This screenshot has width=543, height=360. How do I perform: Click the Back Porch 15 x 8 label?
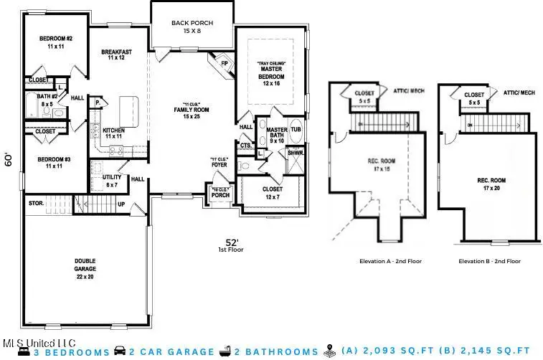[192, 27]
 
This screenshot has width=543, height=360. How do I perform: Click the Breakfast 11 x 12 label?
[116, 55]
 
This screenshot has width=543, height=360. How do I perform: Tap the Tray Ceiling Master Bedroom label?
[271, 74]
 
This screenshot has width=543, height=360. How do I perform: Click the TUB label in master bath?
[296, 130]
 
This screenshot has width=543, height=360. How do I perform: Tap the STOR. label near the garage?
[36, 203]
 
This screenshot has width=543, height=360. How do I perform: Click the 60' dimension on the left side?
[9, 159]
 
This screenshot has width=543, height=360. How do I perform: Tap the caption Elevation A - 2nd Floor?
[390, 262]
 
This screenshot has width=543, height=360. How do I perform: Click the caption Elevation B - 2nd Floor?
[490, 262]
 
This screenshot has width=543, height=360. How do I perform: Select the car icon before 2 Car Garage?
[121, 351]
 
